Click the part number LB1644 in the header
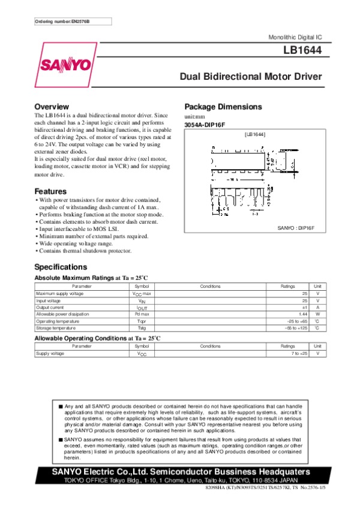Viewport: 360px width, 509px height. [x=303, y=52]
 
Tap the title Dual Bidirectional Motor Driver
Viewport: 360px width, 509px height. [x=251, y=77]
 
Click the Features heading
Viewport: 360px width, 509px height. [x=50, y=191]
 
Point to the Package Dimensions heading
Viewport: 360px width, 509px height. [x=223, y=107]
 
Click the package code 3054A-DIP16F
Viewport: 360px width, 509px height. [x=204, y=125]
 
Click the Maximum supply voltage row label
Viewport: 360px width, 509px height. [x=60, y=294]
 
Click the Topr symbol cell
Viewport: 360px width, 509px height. [x=142, y=321]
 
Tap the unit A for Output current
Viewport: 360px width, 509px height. [x=317, y=308]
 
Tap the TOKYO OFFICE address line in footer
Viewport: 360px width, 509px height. [x=180, y=480]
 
